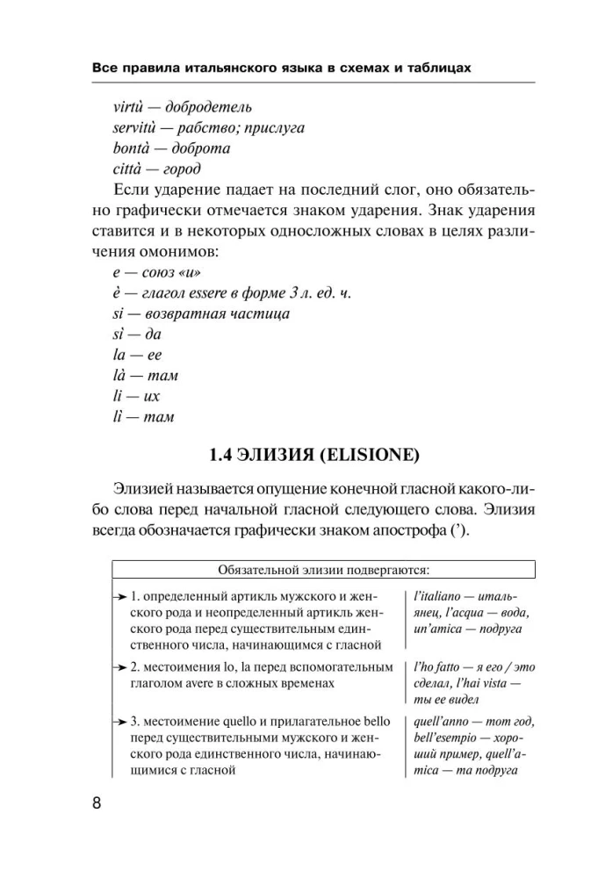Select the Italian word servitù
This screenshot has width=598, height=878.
139,128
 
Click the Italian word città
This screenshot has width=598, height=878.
130,169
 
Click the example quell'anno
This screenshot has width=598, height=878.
443,722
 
